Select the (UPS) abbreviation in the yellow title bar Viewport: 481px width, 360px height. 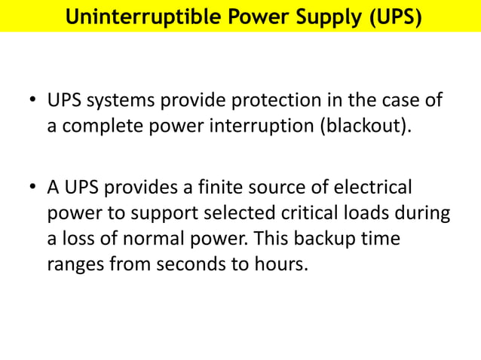(392, 17)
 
